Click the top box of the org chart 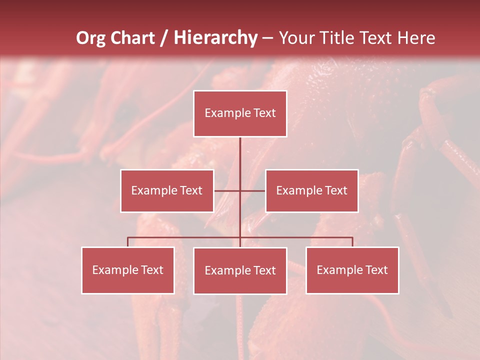(240, 113)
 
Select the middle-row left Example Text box (167, 190)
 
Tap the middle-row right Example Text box (311, 190)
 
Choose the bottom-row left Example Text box (128, 270)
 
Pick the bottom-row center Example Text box (240, 270)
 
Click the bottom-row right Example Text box (352, 270)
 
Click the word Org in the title (90, 38)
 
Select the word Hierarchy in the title (215, 38)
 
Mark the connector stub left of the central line (227, 190)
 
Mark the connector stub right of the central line (253, 190)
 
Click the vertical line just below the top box (240, 150)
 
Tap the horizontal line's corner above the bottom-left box (128, 238)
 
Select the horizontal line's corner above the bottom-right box (352, 238)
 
